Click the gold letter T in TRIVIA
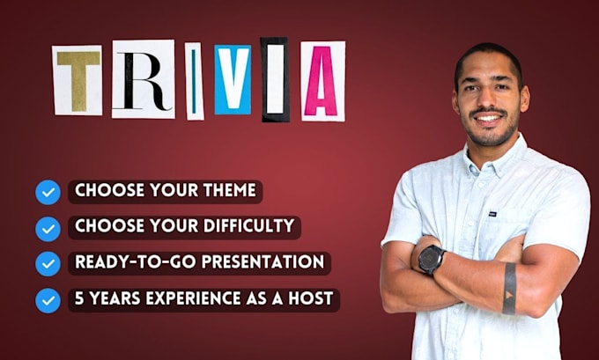click(78, 81)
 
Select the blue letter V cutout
click(233, 81)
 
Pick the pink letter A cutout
click(322, 81)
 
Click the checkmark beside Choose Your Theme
click(48, 192)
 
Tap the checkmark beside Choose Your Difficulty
click(48, 228)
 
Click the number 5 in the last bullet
click(79, 298)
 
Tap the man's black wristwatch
click(432, 259)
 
